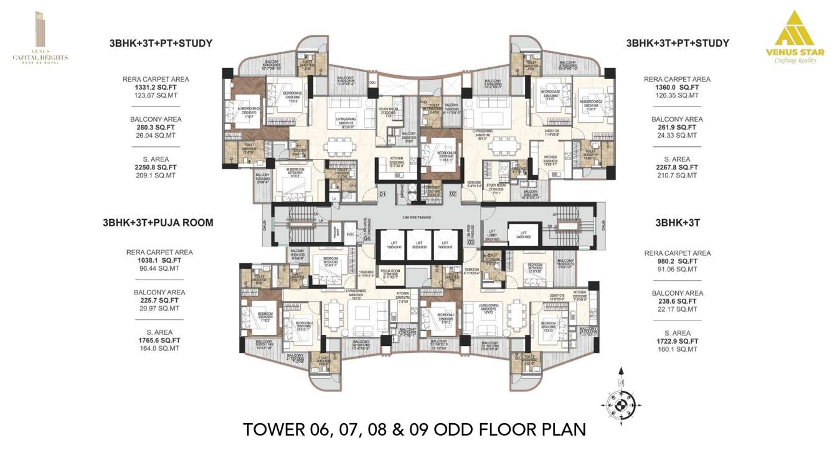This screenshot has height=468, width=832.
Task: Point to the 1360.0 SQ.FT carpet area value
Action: click(x=676, y=88)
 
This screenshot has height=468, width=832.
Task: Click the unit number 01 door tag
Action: click(x=383, y=194)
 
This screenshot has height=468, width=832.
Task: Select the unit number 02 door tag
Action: click(x=453, y=194)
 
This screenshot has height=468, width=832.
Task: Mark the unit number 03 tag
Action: click(x=471, y=241)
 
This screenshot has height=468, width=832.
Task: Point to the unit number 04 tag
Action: click(x=367, y=238)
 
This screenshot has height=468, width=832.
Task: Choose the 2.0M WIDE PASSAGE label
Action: click(x=415, y=217)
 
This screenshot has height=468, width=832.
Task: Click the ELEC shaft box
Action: click(x=351, y=235)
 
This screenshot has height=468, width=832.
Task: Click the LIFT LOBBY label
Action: click(x=492, y=237)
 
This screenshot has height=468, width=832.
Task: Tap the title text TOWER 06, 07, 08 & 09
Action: click(x=415, y=429)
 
